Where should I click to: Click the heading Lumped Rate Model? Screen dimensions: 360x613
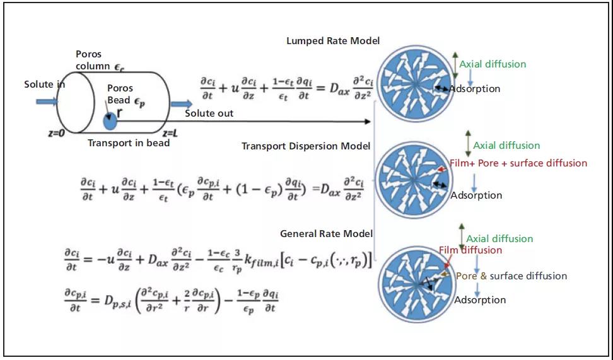click(x=333, y=41)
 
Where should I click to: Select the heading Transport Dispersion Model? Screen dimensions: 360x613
click(x=305, y=146)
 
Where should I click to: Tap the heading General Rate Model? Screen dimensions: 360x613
click(x=326, y=234)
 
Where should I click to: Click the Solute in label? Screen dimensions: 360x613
click(x=45, y=84)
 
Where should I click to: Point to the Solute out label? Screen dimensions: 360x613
click(x=209, y=113)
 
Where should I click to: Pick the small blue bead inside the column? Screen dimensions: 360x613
click(x=110, y=121)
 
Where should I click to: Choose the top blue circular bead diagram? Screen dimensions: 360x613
click(x=414, y=83)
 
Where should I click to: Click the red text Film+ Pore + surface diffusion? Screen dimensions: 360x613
click(x=518, y=163)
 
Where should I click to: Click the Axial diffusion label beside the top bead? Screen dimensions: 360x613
click(x=493, y=64)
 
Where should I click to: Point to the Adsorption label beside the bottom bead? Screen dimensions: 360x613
click(x=480, y=300)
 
